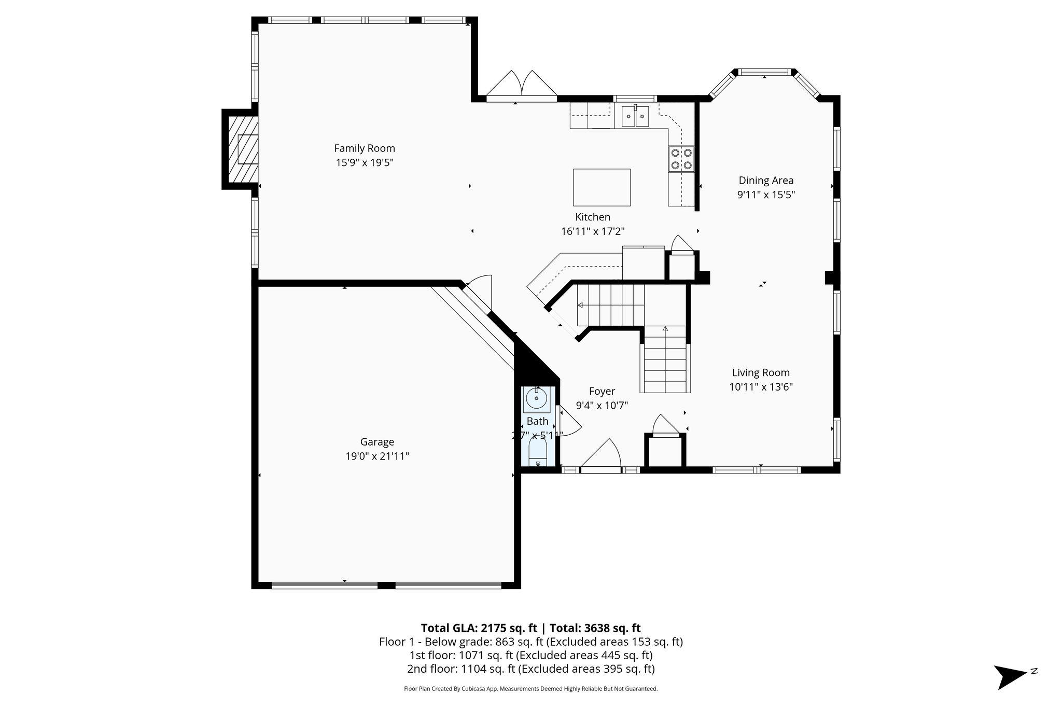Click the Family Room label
[364, 148]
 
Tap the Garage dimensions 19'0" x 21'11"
[377, 456]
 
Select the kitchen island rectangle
[602, 187]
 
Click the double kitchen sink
[635, 116]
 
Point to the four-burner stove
[681, 159]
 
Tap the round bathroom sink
[536, 399]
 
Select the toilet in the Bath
[538, 454]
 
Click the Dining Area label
[766, 181]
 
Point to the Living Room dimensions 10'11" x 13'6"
[761, 387]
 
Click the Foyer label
[602, 392]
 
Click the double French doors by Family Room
[521, 86]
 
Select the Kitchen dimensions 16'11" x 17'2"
[592, 231]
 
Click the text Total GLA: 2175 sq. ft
[478, 628]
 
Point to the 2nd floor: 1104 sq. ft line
[530, 669]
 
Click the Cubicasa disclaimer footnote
[530, 689]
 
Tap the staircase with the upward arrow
[665, 360]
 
